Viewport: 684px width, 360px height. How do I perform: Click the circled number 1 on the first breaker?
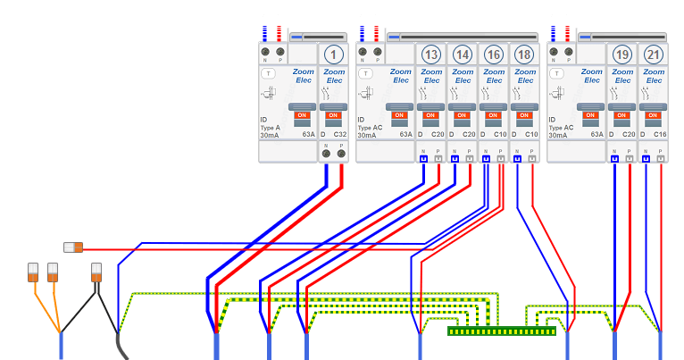(x=333, y=54)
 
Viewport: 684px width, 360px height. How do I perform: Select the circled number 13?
(x=431, y=54)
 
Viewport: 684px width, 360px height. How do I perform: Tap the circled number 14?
(x=463, y=54)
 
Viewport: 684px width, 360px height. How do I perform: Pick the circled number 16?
(x=494, y=54)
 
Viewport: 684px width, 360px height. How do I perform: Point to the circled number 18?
(x=525, y=54)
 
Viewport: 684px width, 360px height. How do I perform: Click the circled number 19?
(x=622, y=54)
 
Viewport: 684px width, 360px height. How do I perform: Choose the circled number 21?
(x=654, y=54)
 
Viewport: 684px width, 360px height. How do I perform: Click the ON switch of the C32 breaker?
(x=333, y=115)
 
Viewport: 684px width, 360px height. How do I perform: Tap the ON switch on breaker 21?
(x=654, y=115)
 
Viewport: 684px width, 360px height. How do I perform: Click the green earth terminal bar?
(x=501, y=331)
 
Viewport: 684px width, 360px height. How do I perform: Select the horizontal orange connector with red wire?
(x=73, y=247)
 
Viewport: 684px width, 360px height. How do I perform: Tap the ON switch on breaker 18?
(x=525, y=115)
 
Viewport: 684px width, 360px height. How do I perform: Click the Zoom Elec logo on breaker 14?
(x=463, y=76)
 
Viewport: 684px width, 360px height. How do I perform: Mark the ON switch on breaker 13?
(x=431, y=115)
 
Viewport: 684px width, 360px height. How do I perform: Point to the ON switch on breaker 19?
(x=622, y=115)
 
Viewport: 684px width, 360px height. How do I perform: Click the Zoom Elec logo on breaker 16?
(x=494, y=76)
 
